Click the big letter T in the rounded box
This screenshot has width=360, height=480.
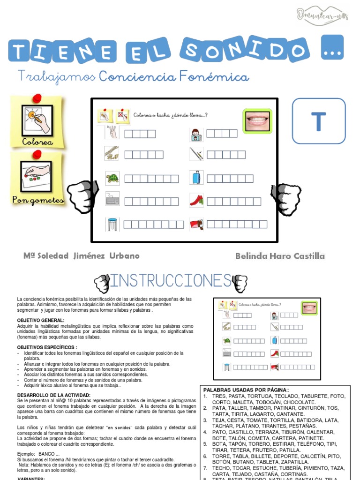tap(318, 121)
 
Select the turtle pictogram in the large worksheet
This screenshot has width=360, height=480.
tap(112, 178)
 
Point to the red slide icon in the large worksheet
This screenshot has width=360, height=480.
tap(196, 200)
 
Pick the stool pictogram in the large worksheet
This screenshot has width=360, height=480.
tap(112, 224)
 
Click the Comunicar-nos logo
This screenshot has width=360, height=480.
tap(323, 16)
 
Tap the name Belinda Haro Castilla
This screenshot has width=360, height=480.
tap(280, 256)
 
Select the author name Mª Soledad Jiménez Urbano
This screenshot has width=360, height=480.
tap(82, 256)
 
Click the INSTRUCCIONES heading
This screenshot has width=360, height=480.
tap(171, 281)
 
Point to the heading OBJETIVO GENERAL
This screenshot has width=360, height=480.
tap(40, 320)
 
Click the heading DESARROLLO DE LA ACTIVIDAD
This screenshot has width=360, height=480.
tap(57, 396)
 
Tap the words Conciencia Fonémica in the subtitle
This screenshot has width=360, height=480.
tap(174, 76)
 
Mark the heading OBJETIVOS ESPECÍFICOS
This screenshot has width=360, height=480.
tap(47, 347)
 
